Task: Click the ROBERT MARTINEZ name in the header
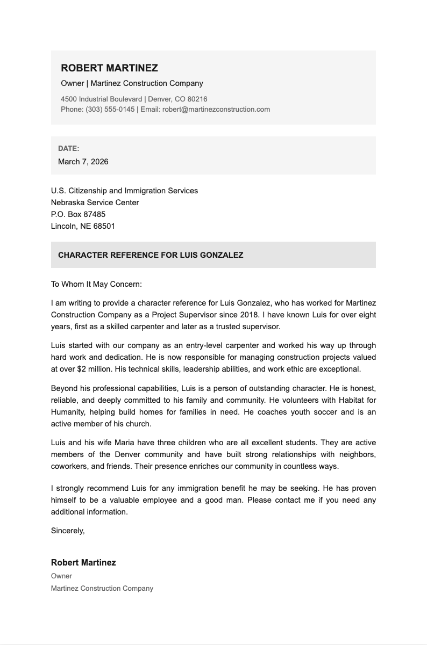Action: pyautogui.click(x=109, y=68)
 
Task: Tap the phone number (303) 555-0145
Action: pyautogui.click(x=110, y=109)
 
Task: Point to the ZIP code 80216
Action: pyautogui.click(x=197, y=99)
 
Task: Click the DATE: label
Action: pyautogui.click(x=69, y=148)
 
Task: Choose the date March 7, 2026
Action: pyautogui.click(x=83, y=162)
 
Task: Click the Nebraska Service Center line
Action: pyautogui.click(x=95, y=202)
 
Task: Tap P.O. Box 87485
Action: pyautogui.click(x=78, y=214)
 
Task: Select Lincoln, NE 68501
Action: pyautogui.click(x=83, y=226)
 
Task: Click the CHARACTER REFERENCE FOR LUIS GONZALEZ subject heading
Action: pyautogui.click(x=151, y=255)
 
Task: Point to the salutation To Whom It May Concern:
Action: pyautogui.click(x=96, y=284)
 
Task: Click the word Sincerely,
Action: pyautogui.click(x=68, y=531)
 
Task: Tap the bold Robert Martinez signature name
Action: pyautogui.click(x=83, y=563)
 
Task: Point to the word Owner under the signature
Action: pyautogui.click(x=61, y=576)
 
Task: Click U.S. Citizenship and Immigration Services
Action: pyautogui.click(x=124, y=191)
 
